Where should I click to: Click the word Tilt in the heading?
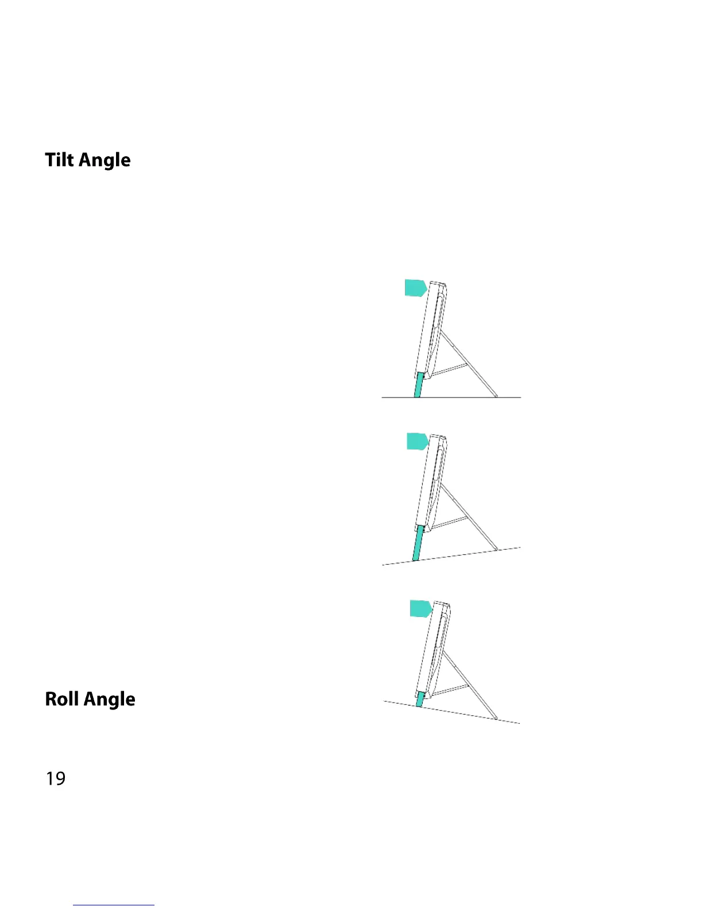(60, 160)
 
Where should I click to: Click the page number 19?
(56, 778)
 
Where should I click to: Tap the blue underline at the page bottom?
(114, 905)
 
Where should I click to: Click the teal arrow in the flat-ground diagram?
(415, 288)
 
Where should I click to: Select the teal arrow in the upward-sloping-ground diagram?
(417, 441)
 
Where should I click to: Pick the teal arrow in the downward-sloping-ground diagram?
(420, 608)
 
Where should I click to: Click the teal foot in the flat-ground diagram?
(419, 384)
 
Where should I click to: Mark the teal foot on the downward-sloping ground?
(421, 699)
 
